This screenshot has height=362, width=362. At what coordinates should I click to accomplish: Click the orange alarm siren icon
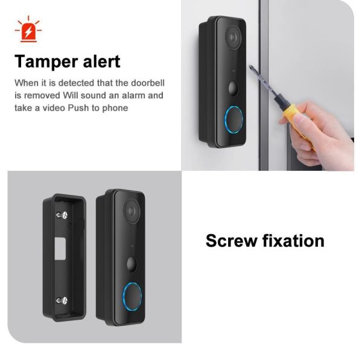point(27,31)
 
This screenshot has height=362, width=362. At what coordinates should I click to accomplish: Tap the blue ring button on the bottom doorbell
point(131,297)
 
